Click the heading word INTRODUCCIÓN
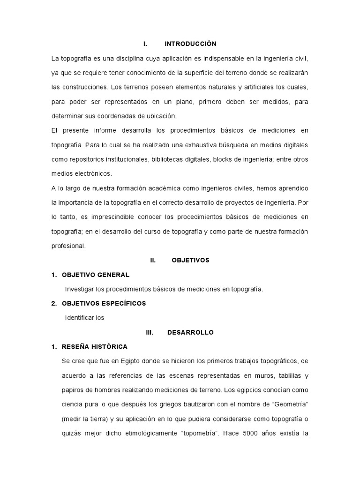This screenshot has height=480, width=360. [190, 44]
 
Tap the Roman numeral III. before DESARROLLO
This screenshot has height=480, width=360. [150, 332]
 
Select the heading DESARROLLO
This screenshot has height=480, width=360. [190, 332]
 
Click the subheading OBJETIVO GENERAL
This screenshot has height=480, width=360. [96, 275]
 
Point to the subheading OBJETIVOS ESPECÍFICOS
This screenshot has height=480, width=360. [104, 303]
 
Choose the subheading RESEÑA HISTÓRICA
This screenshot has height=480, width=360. [95, 347]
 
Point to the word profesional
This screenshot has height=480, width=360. [69, 246]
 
